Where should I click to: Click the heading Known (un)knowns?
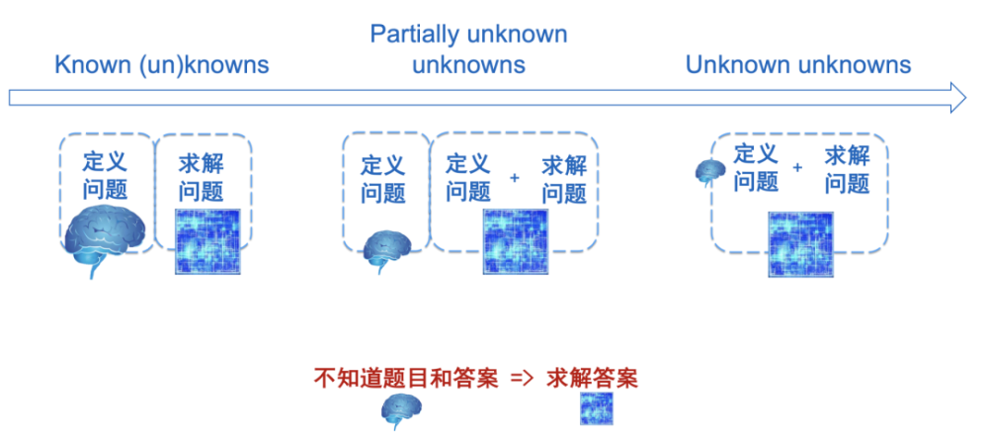162,65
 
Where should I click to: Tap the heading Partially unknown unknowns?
468,49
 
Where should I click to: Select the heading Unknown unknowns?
798,64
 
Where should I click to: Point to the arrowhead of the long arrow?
957,98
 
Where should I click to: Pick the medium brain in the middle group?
387,250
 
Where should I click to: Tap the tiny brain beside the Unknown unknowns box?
710,172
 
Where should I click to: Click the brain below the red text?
401,411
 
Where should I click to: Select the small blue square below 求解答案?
596,408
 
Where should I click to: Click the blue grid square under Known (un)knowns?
207,241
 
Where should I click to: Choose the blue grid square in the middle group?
516,241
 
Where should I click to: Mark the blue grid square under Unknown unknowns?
801,244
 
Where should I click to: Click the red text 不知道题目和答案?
406,379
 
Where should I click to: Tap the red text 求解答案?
592,379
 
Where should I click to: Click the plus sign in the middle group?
515,178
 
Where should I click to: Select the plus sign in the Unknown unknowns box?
797,168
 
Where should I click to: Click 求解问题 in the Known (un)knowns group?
201,177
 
